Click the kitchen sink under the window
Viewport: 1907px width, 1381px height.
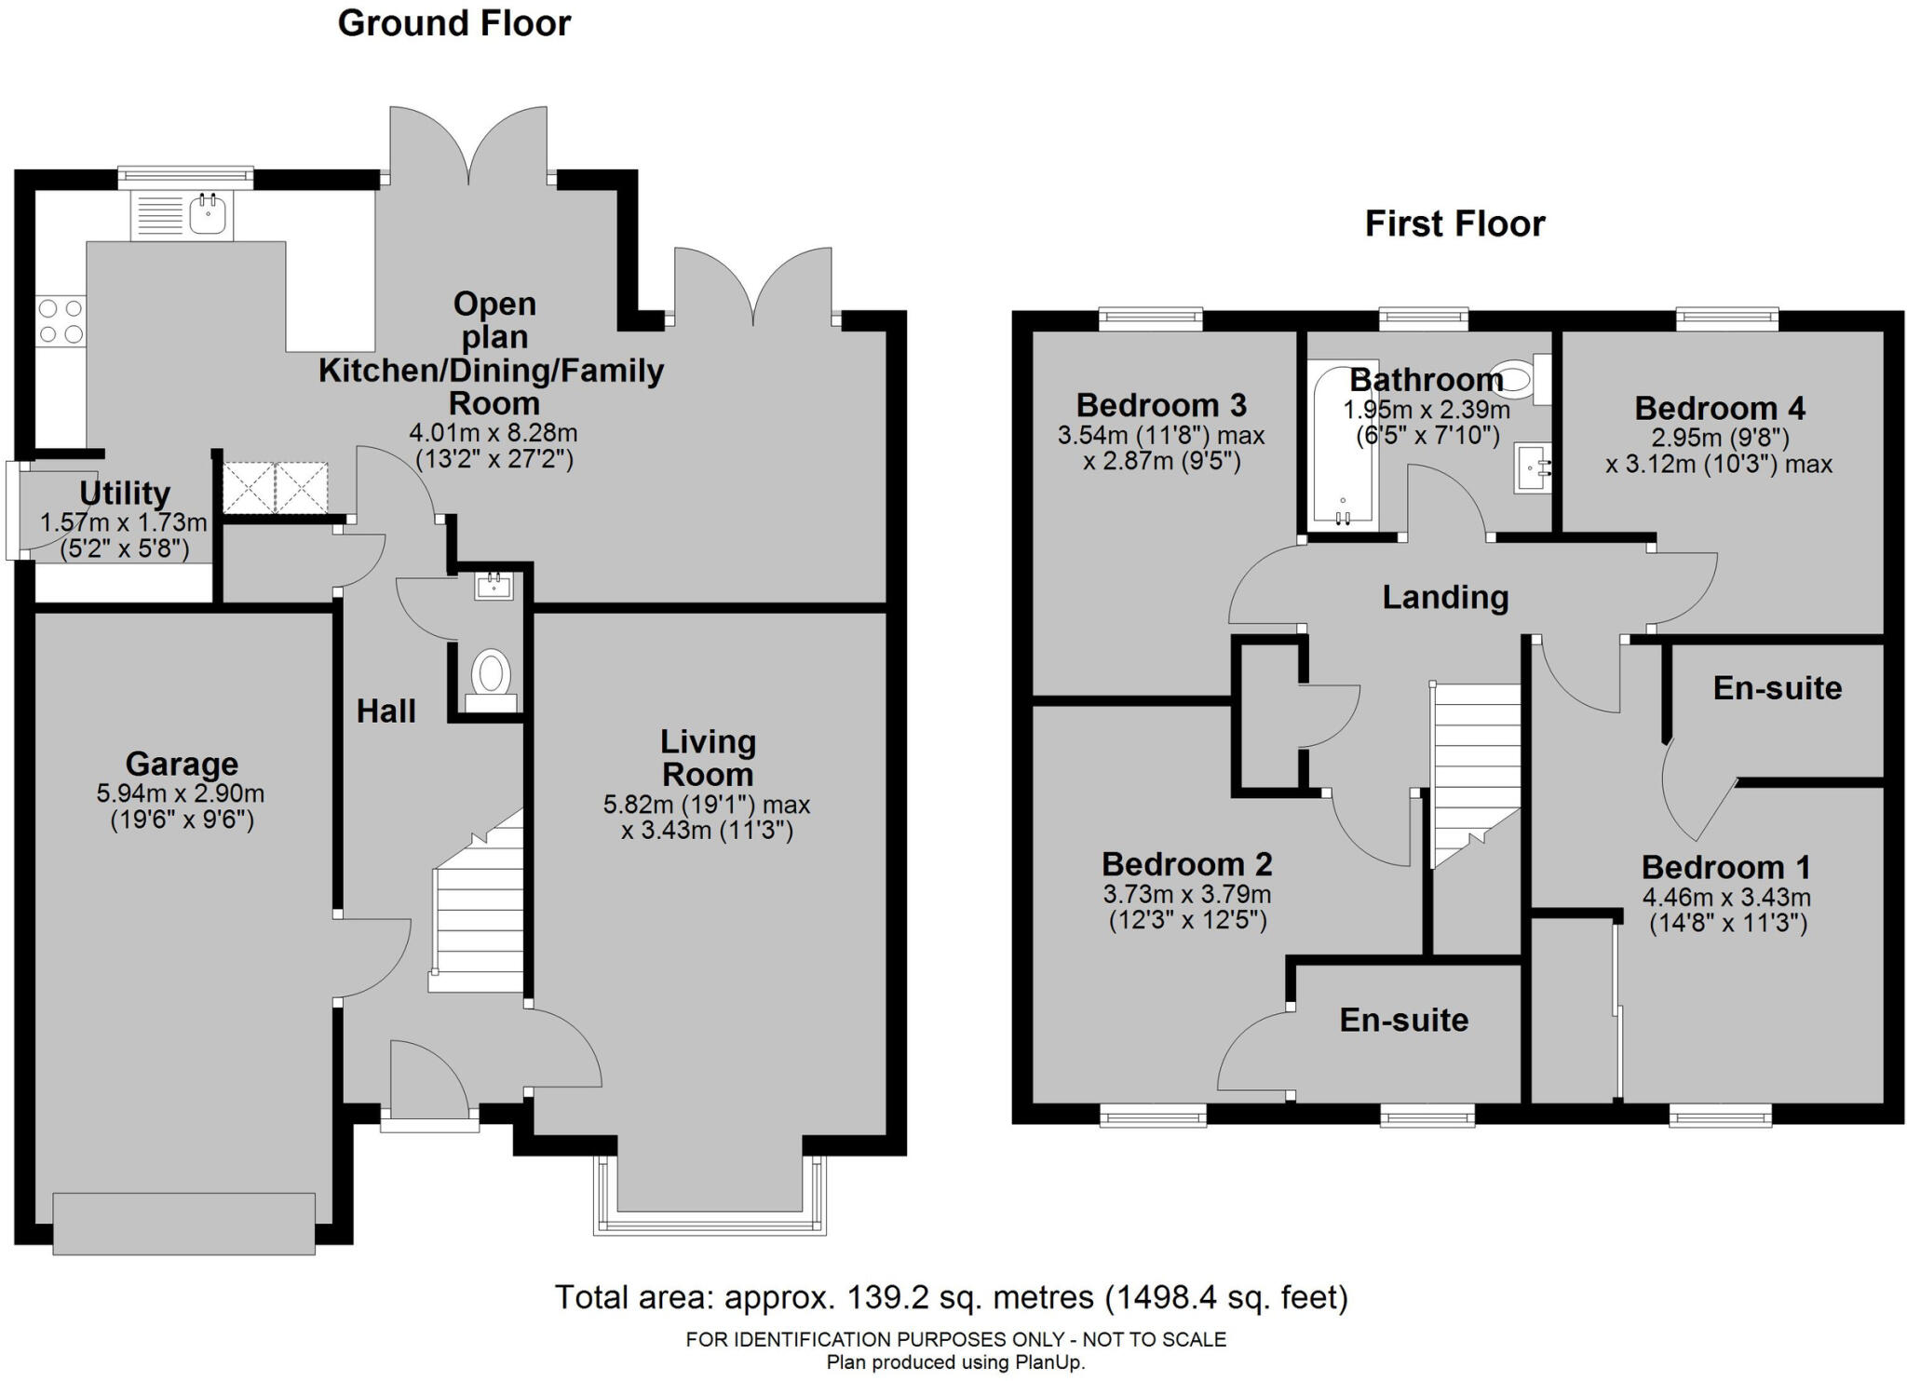pos(207,215)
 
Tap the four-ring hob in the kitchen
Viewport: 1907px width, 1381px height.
pos(61,320)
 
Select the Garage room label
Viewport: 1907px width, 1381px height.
pos(182,764)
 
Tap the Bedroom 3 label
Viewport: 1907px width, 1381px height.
pos(1161,405)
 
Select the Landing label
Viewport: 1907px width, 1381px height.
pos(1444,597)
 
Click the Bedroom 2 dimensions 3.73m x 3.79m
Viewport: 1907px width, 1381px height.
pos(1186,894)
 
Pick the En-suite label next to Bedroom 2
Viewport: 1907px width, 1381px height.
pos(1403,1020)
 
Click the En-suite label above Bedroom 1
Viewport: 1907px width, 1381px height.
pos(1777,687)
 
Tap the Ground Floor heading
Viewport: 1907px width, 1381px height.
pos(453,23)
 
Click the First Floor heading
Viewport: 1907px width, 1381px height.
pos(1454,223)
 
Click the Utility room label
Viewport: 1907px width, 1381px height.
pos(124,493)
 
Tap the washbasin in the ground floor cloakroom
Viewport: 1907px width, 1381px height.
pos(494,587)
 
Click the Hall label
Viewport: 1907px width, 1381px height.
pos(385,711)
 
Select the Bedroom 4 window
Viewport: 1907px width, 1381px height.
pos(1727,320)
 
